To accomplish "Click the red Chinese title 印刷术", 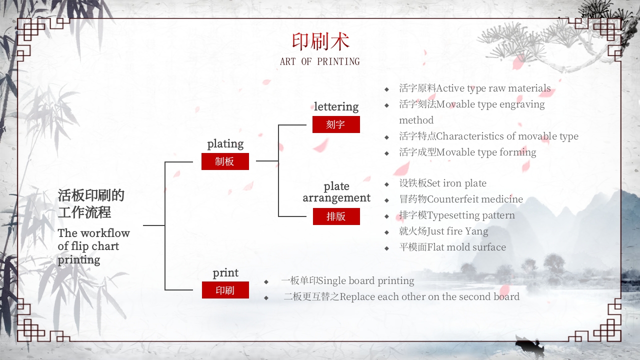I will (x=320, y=42).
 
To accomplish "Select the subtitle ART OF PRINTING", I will (x=320, y=61).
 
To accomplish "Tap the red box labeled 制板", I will (x=225, y=161).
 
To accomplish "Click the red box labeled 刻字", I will (x=336, y=124).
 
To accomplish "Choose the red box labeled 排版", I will (x=336, y=216).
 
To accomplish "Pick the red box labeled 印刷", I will (x=225, y=290).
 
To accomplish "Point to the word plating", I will (x=225, y=144).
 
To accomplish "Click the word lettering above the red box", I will (x=336, y=106).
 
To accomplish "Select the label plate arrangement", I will (x=336, y=192).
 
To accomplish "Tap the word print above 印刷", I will (x=225, y=273).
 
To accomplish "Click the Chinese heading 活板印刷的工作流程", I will (x=91, y=203).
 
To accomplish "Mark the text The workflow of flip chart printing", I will (x=93, y=246).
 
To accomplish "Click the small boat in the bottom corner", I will (x=529, y=346).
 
